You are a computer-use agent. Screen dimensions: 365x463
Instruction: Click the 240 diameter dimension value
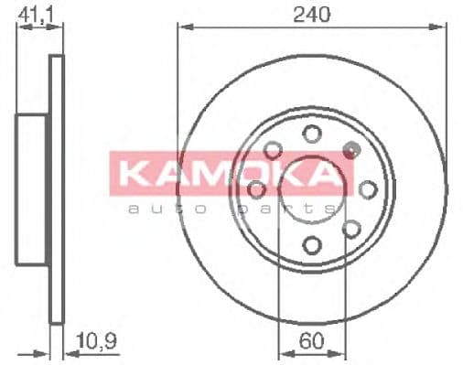point(312,14)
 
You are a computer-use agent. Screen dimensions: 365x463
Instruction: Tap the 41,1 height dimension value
point(36,14)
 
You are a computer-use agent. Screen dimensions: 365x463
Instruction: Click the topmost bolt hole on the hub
point(312,135)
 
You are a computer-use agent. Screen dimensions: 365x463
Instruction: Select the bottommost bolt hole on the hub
point(312,244)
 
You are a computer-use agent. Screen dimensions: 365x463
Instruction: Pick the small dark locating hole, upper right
point(349,148)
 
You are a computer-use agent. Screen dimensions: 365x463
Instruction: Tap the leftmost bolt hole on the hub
point(256,189)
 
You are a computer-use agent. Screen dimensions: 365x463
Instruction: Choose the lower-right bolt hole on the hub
point(351,229)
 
